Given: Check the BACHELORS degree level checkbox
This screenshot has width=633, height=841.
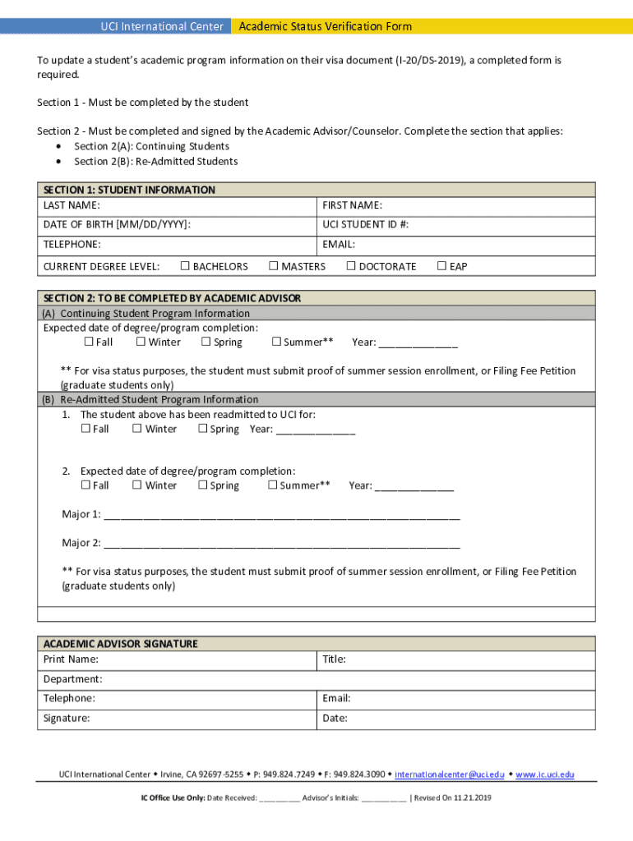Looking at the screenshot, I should click(x=185, y=266).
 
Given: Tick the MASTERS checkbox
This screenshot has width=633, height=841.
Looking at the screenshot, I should click(x=274, y=266).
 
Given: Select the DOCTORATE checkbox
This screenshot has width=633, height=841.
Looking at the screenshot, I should click(x=351, y=266).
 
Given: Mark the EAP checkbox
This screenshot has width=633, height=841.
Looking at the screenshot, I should click(x=441, y=266).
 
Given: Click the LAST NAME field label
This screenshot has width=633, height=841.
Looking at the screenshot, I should click(x=72, y=205).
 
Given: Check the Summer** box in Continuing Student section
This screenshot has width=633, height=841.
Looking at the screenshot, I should click(x=277, y=342).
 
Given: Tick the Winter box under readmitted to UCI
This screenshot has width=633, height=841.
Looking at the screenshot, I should click(x=137, y=429).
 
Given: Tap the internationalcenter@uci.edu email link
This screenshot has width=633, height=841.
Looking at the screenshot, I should click(x=449, y=774).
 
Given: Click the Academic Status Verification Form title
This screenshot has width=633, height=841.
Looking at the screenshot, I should click(x=325, y=26).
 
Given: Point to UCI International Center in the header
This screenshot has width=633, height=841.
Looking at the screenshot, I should click(x=161, y=26).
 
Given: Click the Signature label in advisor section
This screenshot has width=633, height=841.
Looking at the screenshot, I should click(x=67, y=719).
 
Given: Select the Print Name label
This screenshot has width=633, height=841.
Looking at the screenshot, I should click(x=71, y=659).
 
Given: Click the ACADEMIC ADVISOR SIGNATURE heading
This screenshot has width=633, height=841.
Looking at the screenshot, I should click(x=120, y=644).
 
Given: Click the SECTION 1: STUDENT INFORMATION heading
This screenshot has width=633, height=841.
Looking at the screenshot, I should click(x=129, y=190).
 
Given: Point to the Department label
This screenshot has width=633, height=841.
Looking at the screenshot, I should click(x=72, y=679).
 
